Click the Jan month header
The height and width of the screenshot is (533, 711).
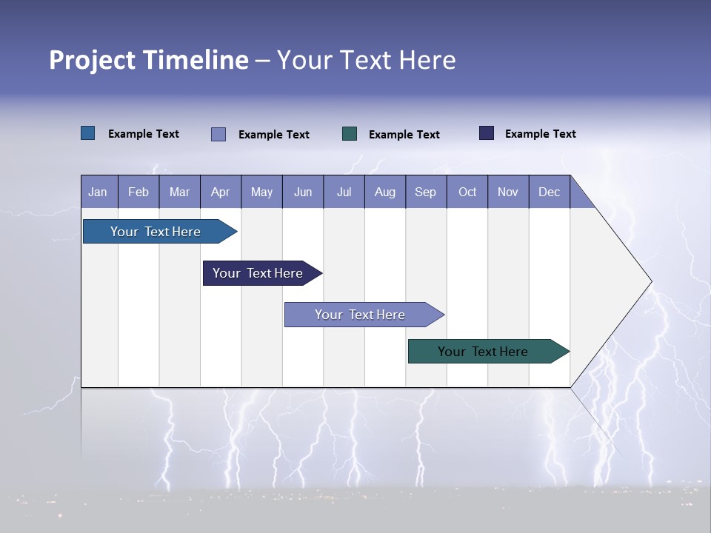[98, 192]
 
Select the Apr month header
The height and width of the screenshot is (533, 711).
[220, 192]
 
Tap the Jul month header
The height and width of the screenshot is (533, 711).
[344, 192]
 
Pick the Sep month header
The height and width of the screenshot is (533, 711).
[425, 192]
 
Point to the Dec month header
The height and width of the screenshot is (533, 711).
[549, 192]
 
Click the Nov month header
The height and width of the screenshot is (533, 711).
[508, 192]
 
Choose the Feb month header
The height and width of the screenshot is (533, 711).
[138, 192]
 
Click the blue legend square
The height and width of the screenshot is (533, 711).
[88, 133]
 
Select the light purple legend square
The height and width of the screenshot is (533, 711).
[218, 134]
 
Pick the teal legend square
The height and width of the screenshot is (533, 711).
[350, 133]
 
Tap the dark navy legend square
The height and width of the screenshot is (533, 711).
[487, 133]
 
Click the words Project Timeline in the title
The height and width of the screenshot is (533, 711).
[148, 60]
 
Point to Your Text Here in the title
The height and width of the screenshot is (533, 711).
[366, 60]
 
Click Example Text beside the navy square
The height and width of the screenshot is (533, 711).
[540, 134]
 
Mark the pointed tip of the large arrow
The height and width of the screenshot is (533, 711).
[650, 281]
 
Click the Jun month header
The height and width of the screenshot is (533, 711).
[303, 192]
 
